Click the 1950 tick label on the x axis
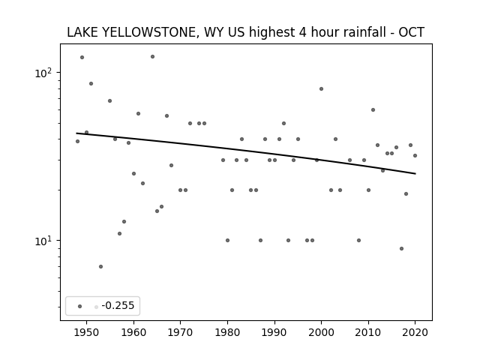click(x=87, y=332)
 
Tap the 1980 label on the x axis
click(x=227, y=332)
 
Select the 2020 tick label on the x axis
click(x=415, y=332)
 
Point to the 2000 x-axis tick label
click(x=322, y=332)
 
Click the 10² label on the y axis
click(x=45, y=73)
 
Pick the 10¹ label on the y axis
click(x=45, y=241)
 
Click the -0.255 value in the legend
click(x=118, y=305)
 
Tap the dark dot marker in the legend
click(x=80, y=307)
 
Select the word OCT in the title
click(x=412, y=32)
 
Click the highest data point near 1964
click(x=152, y=57)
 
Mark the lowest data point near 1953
click(x=100, y=267)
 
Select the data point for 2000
click(x=322, y=88)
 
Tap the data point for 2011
click(x=373, y=110)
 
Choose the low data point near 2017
click(x=402, y=248)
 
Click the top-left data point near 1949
click(x=82, y=57)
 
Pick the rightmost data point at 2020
click(x=415, y=155)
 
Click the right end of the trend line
click(x=415, y=173)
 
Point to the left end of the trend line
click(x=76, y=133)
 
